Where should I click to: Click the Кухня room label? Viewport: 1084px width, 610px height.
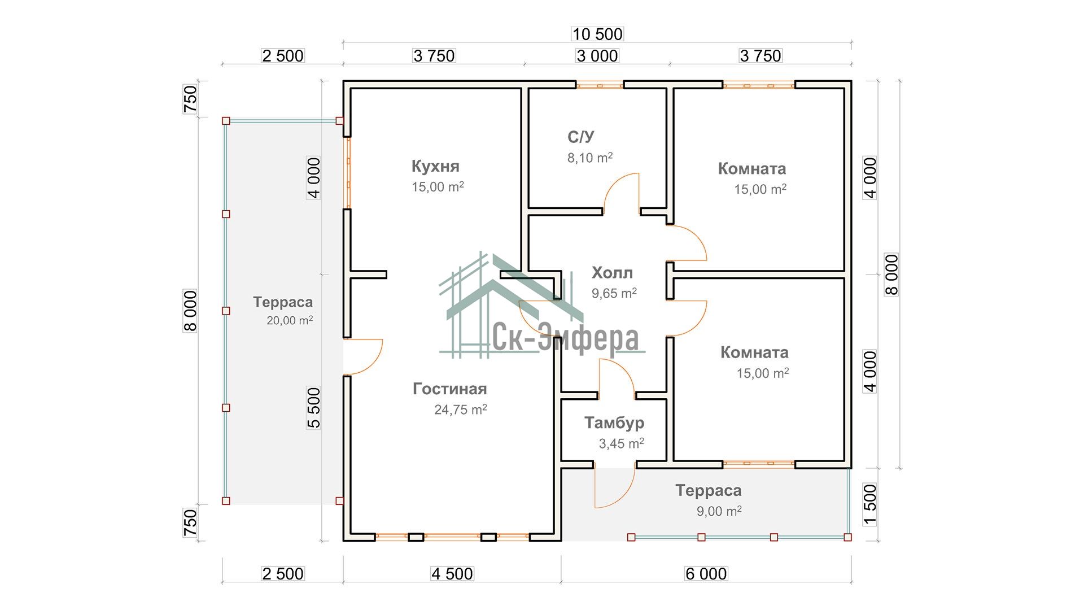pos(435,166)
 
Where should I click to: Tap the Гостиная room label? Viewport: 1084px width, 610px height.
pos(449,389)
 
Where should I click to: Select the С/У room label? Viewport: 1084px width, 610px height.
pos(580,137)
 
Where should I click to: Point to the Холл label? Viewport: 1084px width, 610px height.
pos(612,273)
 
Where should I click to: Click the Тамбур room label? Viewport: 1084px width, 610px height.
pos(614,422)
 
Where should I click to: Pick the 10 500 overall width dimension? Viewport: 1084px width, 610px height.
pos(597,34)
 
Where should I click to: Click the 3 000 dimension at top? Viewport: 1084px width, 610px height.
pos(597,56)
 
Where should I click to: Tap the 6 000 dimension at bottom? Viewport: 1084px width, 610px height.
pos(706,574)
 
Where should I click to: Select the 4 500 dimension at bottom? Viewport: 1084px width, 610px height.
pos(452,574)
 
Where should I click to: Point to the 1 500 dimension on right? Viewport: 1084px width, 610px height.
pos(870,504)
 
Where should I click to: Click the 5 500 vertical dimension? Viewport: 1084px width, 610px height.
pos(314,407)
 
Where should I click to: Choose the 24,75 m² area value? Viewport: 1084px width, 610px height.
pos(460,409)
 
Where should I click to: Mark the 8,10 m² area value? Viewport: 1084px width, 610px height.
pos(589,158)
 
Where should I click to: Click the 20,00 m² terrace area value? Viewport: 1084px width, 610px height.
pos(289,320)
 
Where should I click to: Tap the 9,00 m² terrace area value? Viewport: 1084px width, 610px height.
pos(719,511)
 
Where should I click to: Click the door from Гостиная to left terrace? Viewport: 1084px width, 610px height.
pos(363,356)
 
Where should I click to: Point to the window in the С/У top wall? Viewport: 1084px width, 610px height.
pos(600,85)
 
